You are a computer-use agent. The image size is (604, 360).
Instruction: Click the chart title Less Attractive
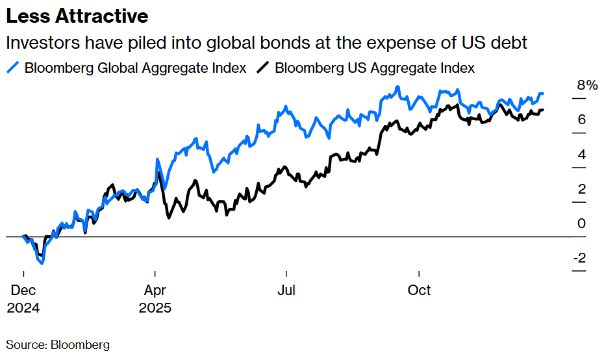pyautogui.click(x=77, y=16)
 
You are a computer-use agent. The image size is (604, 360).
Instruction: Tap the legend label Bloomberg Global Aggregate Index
pyautogui.click(x=135, y=68)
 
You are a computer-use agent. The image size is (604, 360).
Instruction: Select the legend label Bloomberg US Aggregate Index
pyautogui.click(x=375, y=68)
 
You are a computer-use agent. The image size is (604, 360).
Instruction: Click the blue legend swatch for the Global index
pyautogui.click(x=14, y=68)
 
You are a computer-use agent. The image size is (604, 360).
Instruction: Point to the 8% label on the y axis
pyautogui.click(x=586, y=85)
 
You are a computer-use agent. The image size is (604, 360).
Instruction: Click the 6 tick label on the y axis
pyautogui.click(x=582, y=120)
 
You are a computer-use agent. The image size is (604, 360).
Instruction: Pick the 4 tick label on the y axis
pyautogui.click(x=582, y=154)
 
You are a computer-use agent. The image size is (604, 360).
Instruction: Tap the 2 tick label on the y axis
pyautogui.click(x=582, y=189)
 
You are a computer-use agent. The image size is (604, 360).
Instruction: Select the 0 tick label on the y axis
pyautogui.click(x=582, y=224)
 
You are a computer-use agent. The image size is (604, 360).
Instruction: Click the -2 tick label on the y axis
pyautogui.click(x=579, y=258)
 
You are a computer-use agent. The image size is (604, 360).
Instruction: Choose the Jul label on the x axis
pyautogui.click(x=286, y=290)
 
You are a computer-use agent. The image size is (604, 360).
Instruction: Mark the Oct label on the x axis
pyautogui.click(x=419, y=290)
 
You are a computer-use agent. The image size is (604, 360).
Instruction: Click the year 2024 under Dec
pyautogui.click(x=23, y=308)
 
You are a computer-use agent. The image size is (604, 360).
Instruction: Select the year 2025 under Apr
pyautogui.click(x=155, y=308)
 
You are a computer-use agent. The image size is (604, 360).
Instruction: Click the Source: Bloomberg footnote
pyautogui.click(x=58, y=344)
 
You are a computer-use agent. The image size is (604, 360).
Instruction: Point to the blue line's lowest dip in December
pyautogui.click(x=42, y=263)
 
